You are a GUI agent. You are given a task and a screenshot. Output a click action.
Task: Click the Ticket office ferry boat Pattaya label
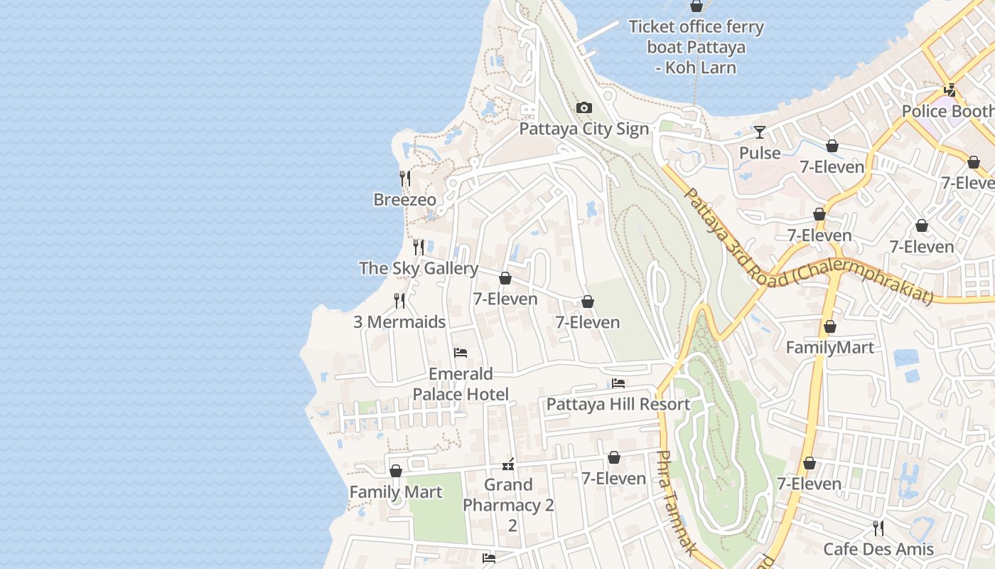coord(696,47)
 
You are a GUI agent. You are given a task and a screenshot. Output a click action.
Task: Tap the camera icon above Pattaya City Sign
coord(584,108)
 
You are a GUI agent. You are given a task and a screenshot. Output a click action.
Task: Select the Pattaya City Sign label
coord(583,129)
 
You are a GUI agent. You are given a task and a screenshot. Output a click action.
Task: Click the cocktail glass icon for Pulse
coord(760,132)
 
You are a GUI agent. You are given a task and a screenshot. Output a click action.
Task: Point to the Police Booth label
coord(948,112)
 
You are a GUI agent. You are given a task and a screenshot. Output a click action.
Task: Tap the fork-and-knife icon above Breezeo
coord(405,179)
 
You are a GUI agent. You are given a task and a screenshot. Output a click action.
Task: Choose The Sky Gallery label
coord(418,268)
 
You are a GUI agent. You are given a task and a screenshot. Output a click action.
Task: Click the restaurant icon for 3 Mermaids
coord(399,301)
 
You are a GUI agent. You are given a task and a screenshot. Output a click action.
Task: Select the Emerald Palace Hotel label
coord(461,384)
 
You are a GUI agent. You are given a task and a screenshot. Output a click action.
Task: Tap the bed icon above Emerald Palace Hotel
coord(461,353)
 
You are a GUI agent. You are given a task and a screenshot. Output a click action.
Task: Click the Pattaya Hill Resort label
coord(618,405)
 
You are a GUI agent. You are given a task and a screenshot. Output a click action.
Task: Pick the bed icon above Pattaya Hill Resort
coord(618,383)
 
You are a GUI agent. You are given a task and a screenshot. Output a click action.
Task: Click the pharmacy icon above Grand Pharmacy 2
coord(508,464)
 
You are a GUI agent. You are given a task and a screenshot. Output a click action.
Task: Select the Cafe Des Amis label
coord(878,549)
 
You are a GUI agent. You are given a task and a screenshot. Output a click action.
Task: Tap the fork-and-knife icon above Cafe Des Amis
coord(878,528)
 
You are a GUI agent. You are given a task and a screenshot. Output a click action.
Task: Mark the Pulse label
coord(760,153)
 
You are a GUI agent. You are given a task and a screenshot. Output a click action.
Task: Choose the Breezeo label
coord(404,200)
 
